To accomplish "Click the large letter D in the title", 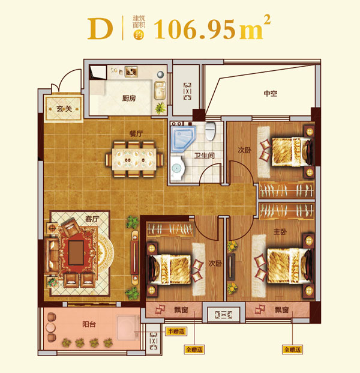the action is click(x=100, y=29).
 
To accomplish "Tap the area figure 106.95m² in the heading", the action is click(x=212, y=28).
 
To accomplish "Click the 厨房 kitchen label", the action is click(x=129, y=98).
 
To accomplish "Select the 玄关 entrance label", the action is click(x=64, y=109).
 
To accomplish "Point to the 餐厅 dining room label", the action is click(x=136, y=134).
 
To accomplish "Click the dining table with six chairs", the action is click(x=134, y=159).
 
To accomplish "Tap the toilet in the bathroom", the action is click(x=210, y=131).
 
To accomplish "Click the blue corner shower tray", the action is click(x=183, y=139).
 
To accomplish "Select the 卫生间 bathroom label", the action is click(x=205, y=156).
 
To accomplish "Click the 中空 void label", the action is click(x=271, y=93).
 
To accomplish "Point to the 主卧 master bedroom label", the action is click(x=280, y=231).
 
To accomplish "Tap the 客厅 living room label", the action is click(x=92, y=219).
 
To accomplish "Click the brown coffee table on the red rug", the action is click(x=76, y=253).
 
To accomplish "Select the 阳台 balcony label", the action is click(x=89, y=324).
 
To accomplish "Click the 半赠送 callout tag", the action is click(x=176, y=331).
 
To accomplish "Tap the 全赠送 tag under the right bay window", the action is click(x=293, y=350).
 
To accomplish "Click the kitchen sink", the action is click(x=160, y=90).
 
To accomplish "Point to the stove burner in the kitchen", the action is click(x=131, y=71).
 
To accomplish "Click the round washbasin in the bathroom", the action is click(x=176, y=168).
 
